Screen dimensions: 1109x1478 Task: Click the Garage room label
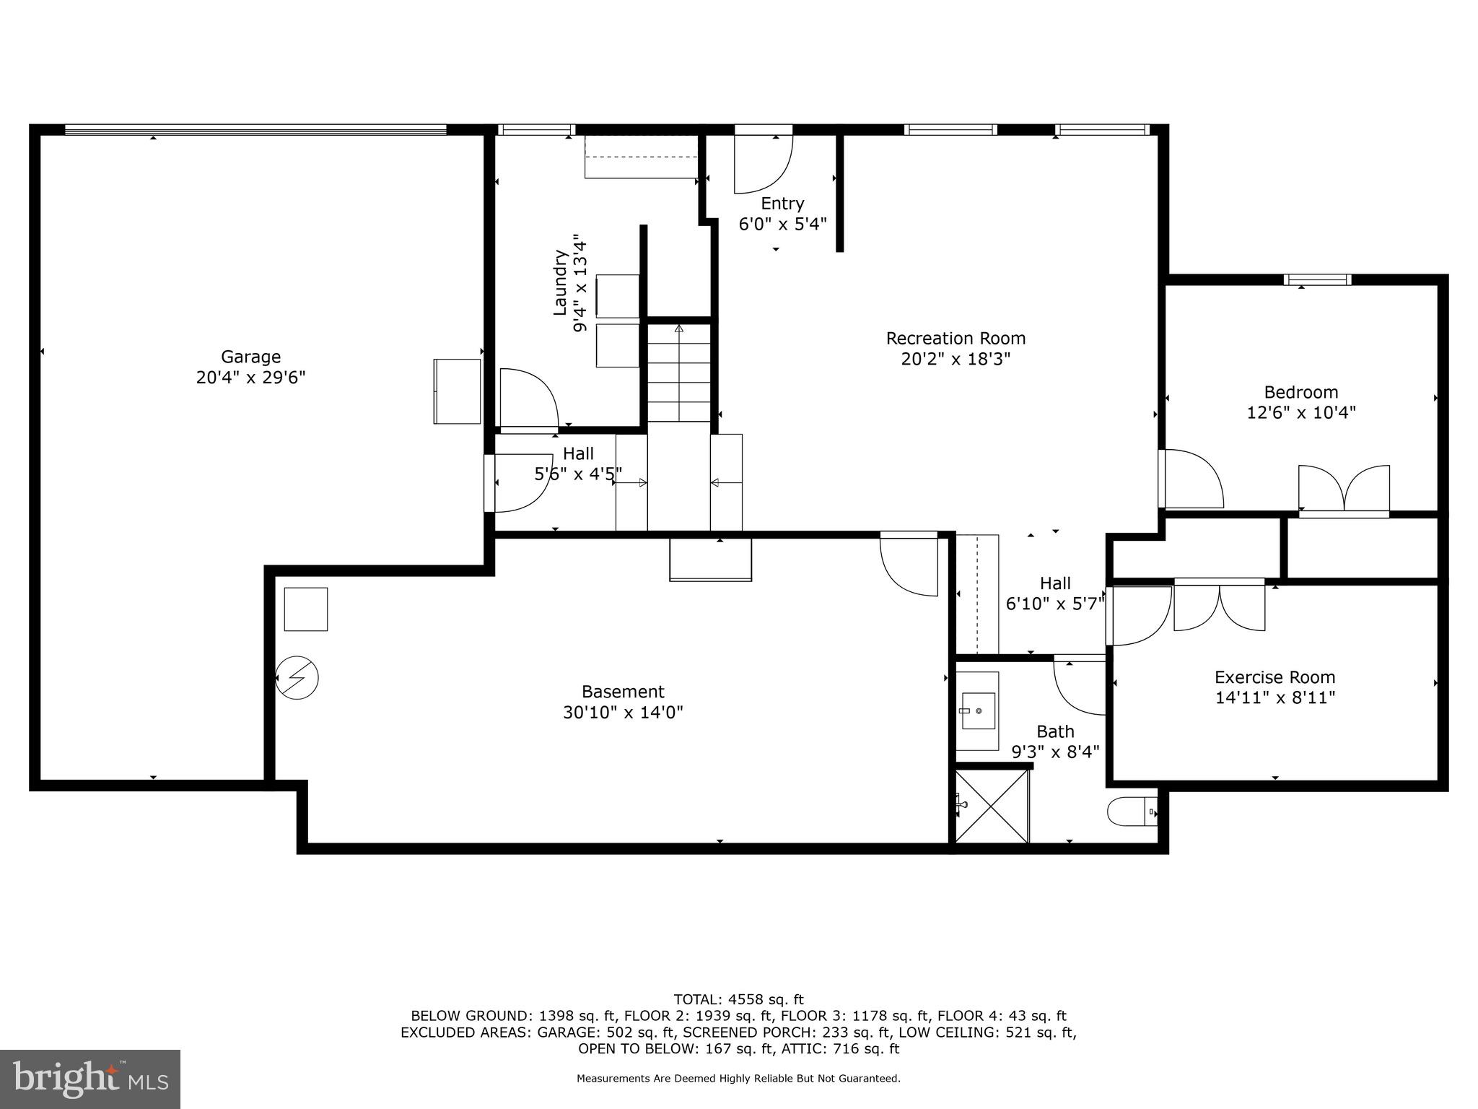(x=250, y=357)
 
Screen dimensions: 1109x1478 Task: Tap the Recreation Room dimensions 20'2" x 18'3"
(x=956, y=359)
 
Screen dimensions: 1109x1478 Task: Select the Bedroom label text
(x=1300, y=392)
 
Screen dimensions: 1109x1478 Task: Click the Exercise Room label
(x=1274, y=677)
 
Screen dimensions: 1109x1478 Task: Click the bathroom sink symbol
(x=978, y=712)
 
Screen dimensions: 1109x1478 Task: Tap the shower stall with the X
(x=992, y=806)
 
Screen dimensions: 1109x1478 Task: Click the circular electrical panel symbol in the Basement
(x=297, y=678)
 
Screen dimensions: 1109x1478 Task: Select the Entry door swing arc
(x=764, y=165)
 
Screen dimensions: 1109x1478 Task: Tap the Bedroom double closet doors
(x=1344, y=490)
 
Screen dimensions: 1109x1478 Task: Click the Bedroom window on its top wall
(x=1317, y=280)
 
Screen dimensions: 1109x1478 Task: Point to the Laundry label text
(x=559, y=283)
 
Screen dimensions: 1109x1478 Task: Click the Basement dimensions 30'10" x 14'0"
(x=623, y=713)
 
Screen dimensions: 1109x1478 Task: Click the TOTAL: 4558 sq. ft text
(x=738, y=999)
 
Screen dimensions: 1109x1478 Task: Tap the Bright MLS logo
(x=90, y=1079)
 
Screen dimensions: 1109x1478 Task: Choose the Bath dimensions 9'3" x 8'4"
(x=1055, y=752)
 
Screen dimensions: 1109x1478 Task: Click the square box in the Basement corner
(x=306, y=609)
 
